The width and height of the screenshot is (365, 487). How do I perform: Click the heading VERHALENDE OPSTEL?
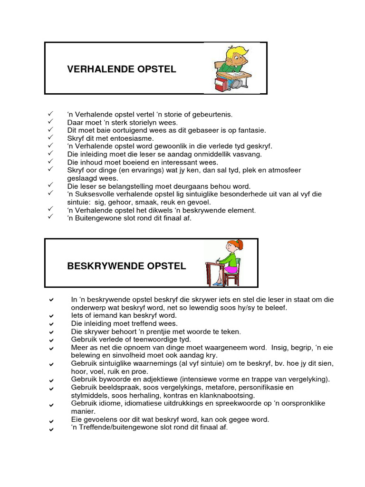click(x=122, y=69)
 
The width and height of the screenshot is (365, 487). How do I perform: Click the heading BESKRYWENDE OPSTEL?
click(x=126, y=266)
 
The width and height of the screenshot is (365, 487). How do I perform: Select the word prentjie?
click(x=169, y=331)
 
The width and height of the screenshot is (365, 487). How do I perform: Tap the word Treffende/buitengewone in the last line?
click(x=115, y=428)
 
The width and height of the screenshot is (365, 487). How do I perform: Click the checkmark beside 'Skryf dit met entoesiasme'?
click(x=51, y=138)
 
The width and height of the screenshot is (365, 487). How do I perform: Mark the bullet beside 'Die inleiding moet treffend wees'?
click(x=51, y=324)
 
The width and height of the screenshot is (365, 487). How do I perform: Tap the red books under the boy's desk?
click(x=220, y=86)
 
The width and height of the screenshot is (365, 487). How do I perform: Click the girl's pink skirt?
click(x=231, y=270)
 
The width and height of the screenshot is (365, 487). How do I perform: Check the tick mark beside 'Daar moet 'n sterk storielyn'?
click(x=51, y=122)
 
